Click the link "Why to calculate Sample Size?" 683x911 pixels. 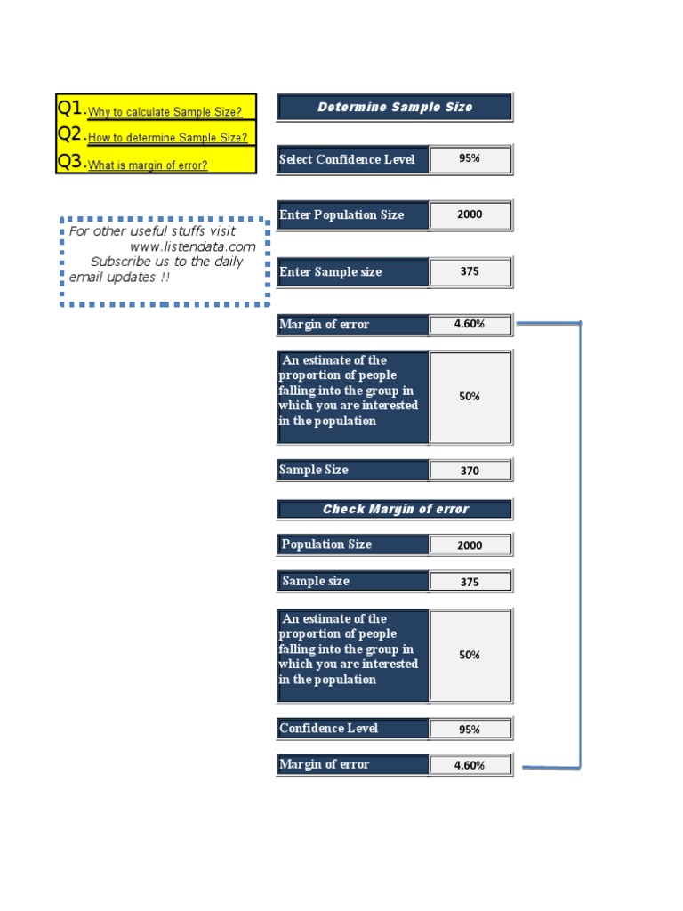[x=165, y=112]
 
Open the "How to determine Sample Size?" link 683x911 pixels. [x=167, y=138]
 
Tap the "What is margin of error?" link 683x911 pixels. [x=148, y=165]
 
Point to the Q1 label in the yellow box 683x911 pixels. [x=70, y=109]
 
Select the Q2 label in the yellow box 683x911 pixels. [x=70, y=135]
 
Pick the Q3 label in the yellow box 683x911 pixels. [x=70, y=162]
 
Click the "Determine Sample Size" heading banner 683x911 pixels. [x=395, y=108]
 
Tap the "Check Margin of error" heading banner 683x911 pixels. [x=395, y=510]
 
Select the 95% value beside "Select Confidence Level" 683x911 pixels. [x=470, y=159]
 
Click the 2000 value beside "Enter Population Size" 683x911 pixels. [x=470, y=214]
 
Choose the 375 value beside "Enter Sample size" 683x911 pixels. [x=470, y=271]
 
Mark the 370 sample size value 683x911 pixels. [x=470, y=471]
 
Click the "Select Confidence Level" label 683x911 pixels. [x=347, y=160]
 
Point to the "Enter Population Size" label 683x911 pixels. [x=341, y=215]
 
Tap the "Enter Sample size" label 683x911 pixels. [x=331, y=272]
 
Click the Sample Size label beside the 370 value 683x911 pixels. [x=314, y=470]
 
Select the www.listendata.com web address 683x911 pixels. [x=192, y=246]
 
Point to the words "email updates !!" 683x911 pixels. [x=119, y=278]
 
